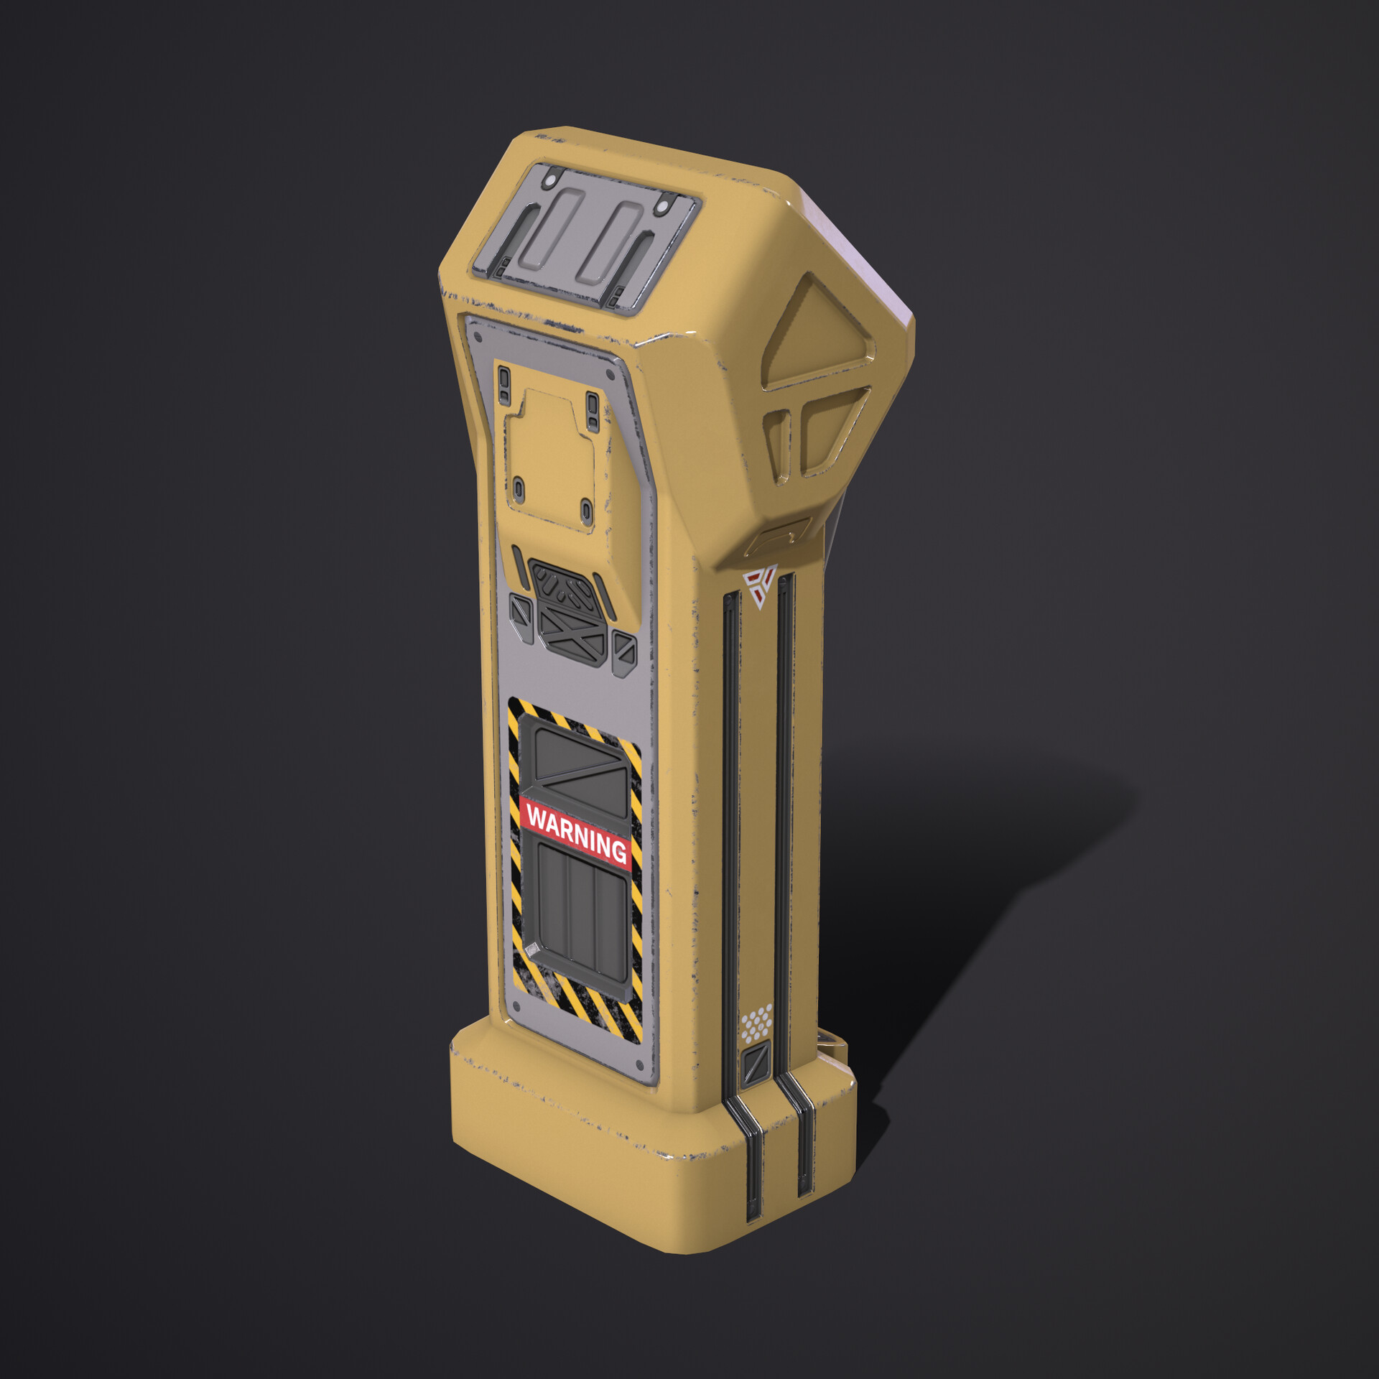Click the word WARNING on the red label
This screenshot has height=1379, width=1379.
[576, 833]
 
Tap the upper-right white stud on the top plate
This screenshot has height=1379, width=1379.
[661, 207]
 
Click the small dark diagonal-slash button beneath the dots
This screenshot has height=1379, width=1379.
[756, 1065]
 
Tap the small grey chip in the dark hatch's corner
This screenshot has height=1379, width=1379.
[532, 949]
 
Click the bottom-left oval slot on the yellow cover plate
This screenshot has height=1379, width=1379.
[519, 490]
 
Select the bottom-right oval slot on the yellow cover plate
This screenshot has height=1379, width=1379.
[586, 511]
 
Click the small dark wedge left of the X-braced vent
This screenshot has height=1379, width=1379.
[521, 618]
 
